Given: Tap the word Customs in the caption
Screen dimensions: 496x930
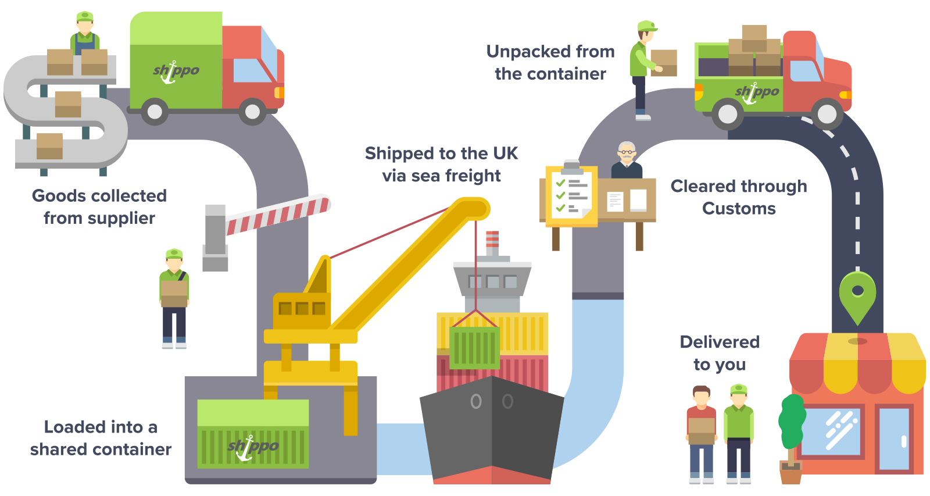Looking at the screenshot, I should coord(739,209).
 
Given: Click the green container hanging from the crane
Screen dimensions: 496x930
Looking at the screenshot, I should coord(474,347).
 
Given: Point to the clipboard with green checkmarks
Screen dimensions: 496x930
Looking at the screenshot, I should coord(571,195).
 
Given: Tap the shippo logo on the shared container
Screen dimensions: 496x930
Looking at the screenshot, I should coord(253,447).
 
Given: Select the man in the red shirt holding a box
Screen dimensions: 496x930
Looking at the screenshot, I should coord(702,433).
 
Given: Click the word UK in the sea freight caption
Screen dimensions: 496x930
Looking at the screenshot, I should coord(505,154).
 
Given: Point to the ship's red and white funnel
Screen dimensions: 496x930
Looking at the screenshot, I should coord(492,242).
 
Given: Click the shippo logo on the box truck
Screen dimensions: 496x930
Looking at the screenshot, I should coord(176,72).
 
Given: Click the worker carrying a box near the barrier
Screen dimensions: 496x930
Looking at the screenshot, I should coord(174,297).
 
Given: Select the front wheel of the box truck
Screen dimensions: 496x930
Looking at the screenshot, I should coord(252,112).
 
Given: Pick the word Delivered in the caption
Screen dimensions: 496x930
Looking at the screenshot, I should coord(720,342).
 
